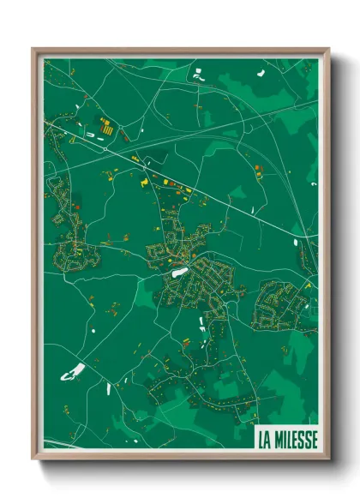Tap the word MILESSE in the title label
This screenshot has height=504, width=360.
coord(296,440)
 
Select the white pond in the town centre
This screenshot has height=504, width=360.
coord(180,273)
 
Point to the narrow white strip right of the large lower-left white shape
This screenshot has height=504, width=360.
coord(109,388)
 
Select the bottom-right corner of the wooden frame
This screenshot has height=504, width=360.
coord(327,459)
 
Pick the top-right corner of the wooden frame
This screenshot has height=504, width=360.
coord(327,50)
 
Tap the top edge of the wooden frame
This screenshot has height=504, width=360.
coord(180,51)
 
